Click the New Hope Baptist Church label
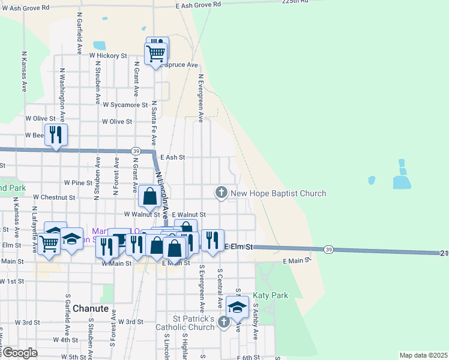(x=279, y=193)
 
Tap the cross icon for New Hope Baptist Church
(x=221, y=193)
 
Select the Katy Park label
(x=270, y=295)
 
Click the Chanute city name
(x=91, y=308)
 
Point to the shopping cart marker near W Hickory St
(x=156, y=53)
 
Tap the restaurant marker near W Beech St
(x=56, y=135)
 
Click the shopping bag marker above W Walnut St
(x=149, y=196)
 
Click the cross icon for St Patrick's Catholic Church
(x=224, y=322)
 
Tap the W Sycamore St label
(x=125, y=104)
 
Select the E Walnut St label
(x=188, y=214)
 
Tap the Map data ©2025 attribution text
(x=424, y=355)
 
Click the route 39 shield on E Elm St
(x=328, y=249)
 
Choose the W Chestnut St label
(x=54, y=197)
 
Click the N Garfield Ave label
(x=79, y=35)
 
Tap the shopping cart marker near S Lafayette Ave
(x=49, y=244)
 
